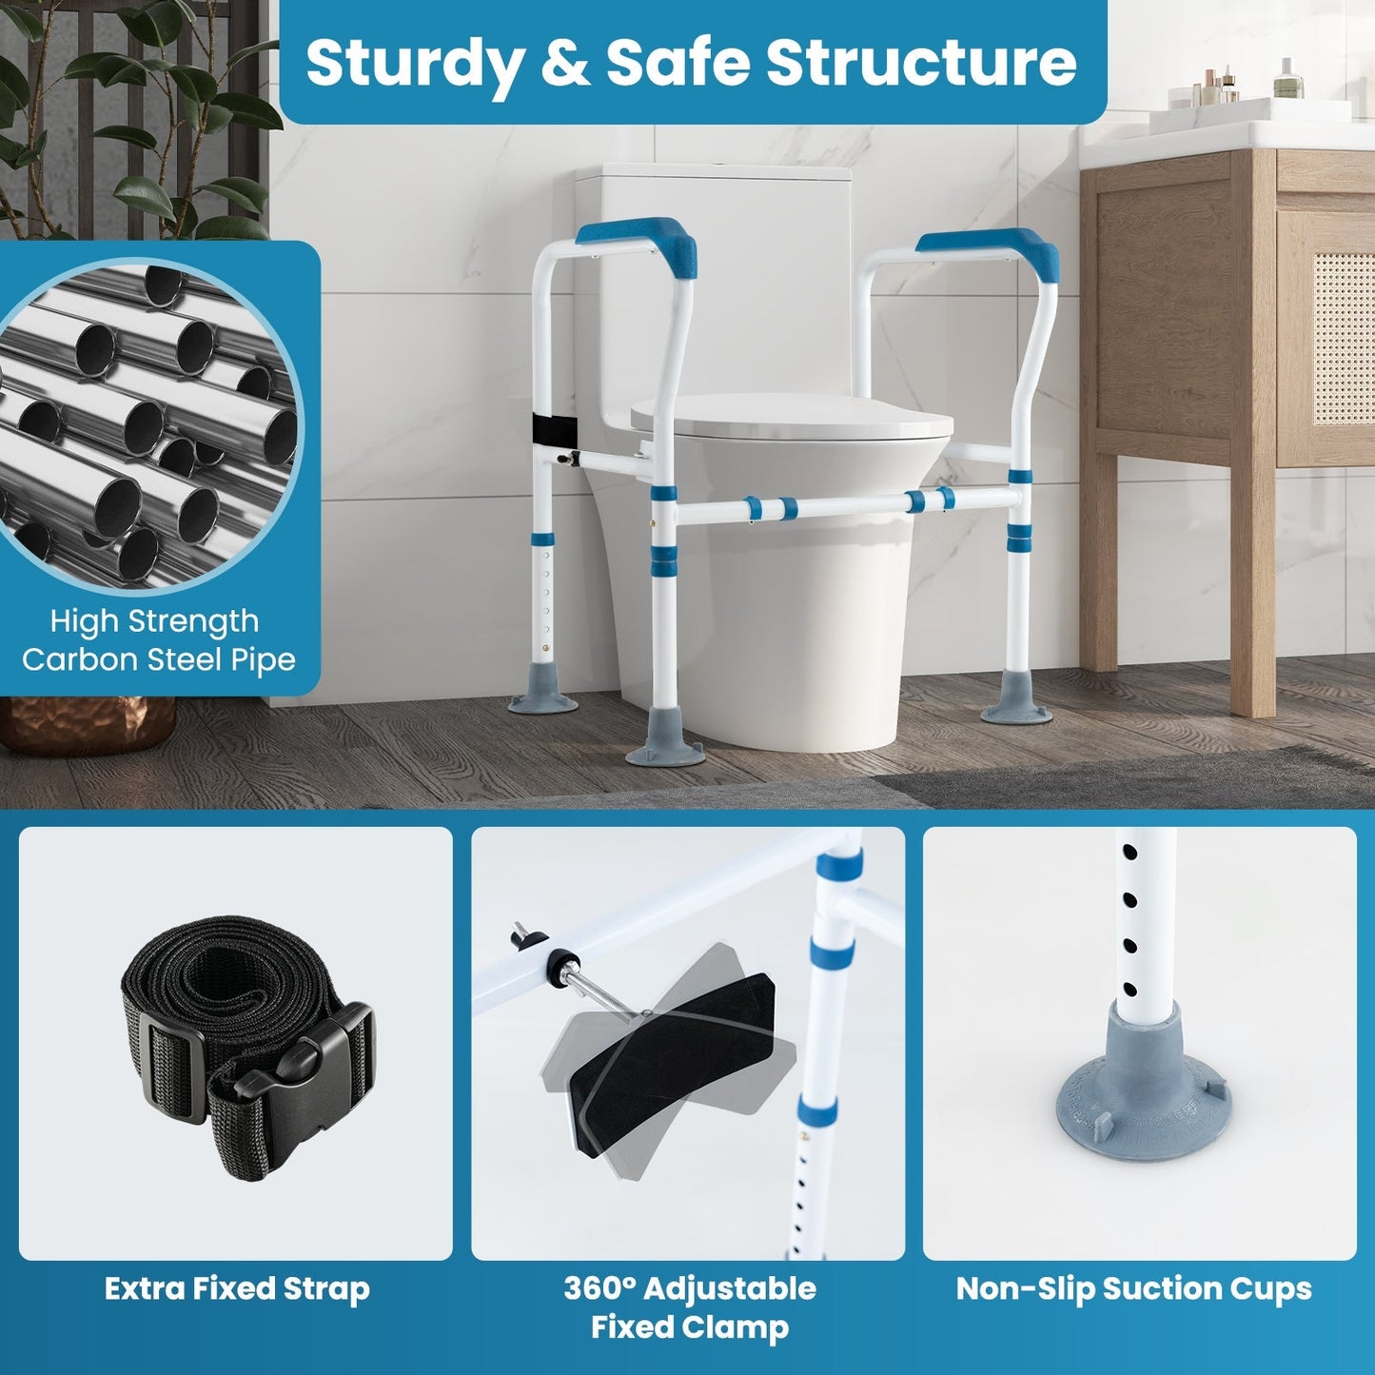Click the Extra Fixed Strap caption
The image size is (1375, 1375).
click(x=237, y=1289)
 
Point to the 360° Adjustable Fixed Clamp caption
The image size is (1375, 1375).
click(x=689, y=1307)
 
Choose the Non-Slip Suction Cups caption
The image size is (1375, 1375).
click(x=1133, y=1289)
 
